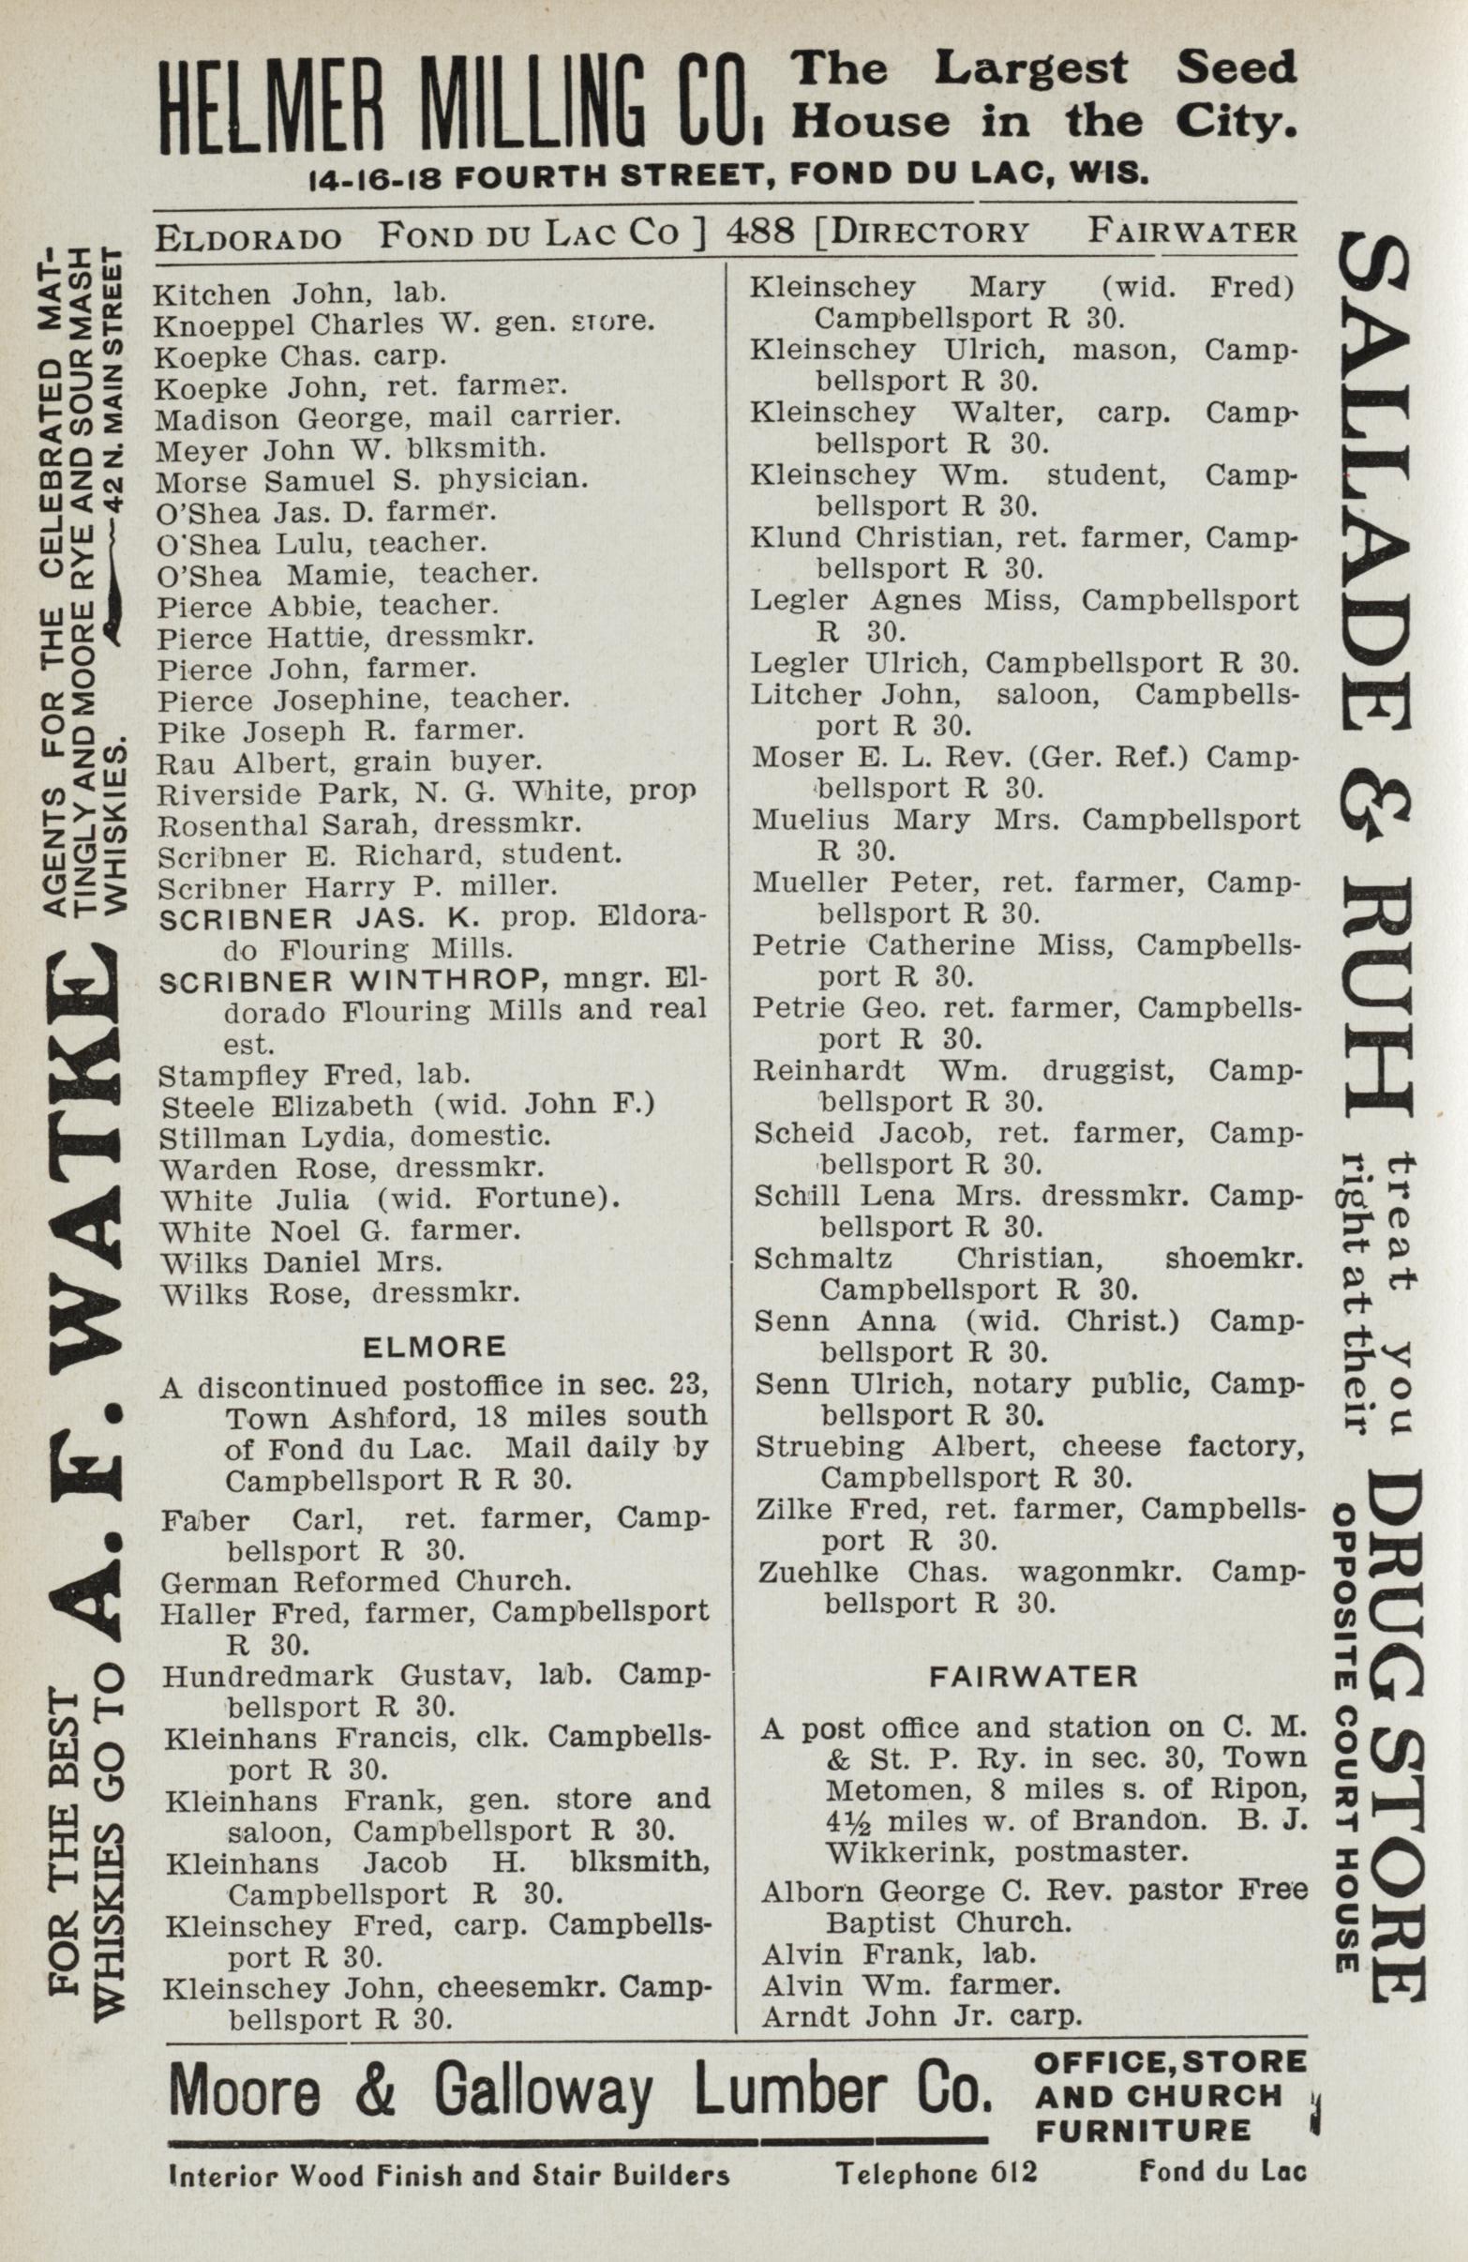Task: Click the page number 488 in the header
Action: [758, 231]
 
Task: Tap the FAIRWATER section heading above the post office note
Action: [1033, 1676]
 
